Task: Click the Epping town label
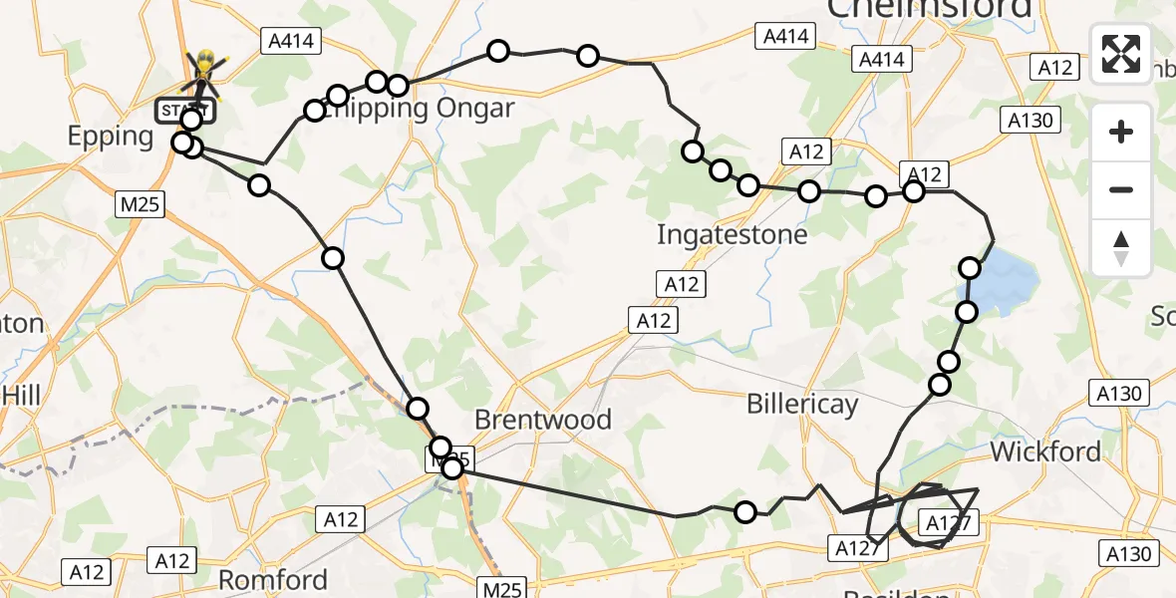110,137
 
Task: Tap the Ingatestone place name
733,234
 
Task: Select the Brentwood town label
543,420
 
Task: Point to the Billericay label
802,404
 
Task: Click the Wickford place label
1045,451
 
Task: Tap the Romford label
273,580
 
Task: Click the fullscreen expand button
1121,54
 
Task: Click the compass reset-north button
1121,247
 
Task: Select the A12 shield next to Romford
171,560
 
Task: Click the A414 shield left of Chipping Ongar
288,41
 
